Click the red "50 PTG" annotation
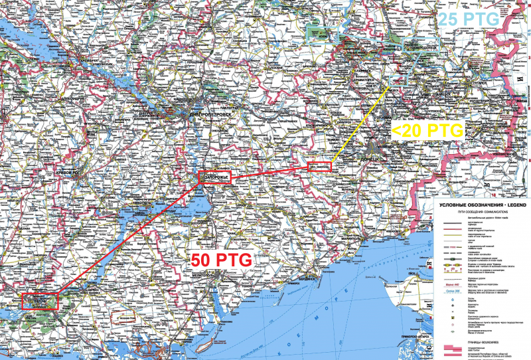tap(221, 260)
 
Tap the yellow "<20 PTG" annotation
tap(427, 131)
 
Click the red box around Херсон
tap(40, 301)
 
